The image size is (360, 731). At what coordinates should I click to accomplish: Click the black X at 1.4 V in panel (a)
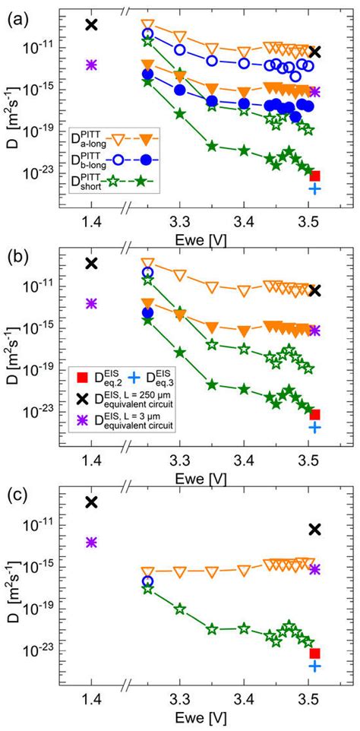[x=91, y=24]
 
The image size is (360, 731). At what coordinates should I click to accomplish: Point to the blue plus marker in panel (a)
[x=314, y=188]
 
